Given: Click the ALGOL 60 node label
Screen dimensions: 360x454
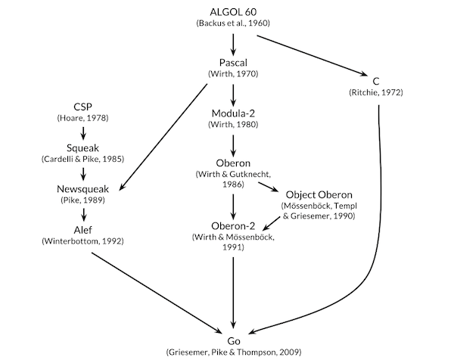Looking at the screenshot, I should (x=233, y=11).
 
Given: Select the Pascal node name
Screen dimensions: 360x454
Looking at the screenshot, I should (x=233, y=64).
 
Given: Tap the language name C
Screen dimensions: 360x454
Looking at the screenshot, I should (x=376, y=81).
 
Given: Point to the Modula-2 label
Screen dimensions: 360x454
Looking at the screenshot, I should (x=233, y=114).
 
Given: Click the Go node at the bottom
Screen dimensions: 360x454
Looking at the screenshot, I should (x=233, y=340).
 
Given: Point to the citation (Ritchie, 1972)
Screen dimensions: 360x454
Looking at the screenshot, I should (x=376, y=92).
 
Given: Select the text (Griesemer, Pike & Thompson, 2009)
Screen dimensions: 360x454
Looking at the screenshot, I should (x=233, y=352).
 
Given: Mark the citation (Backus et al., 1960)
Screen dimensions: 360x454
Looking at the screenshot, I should (x=233, y=23).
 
